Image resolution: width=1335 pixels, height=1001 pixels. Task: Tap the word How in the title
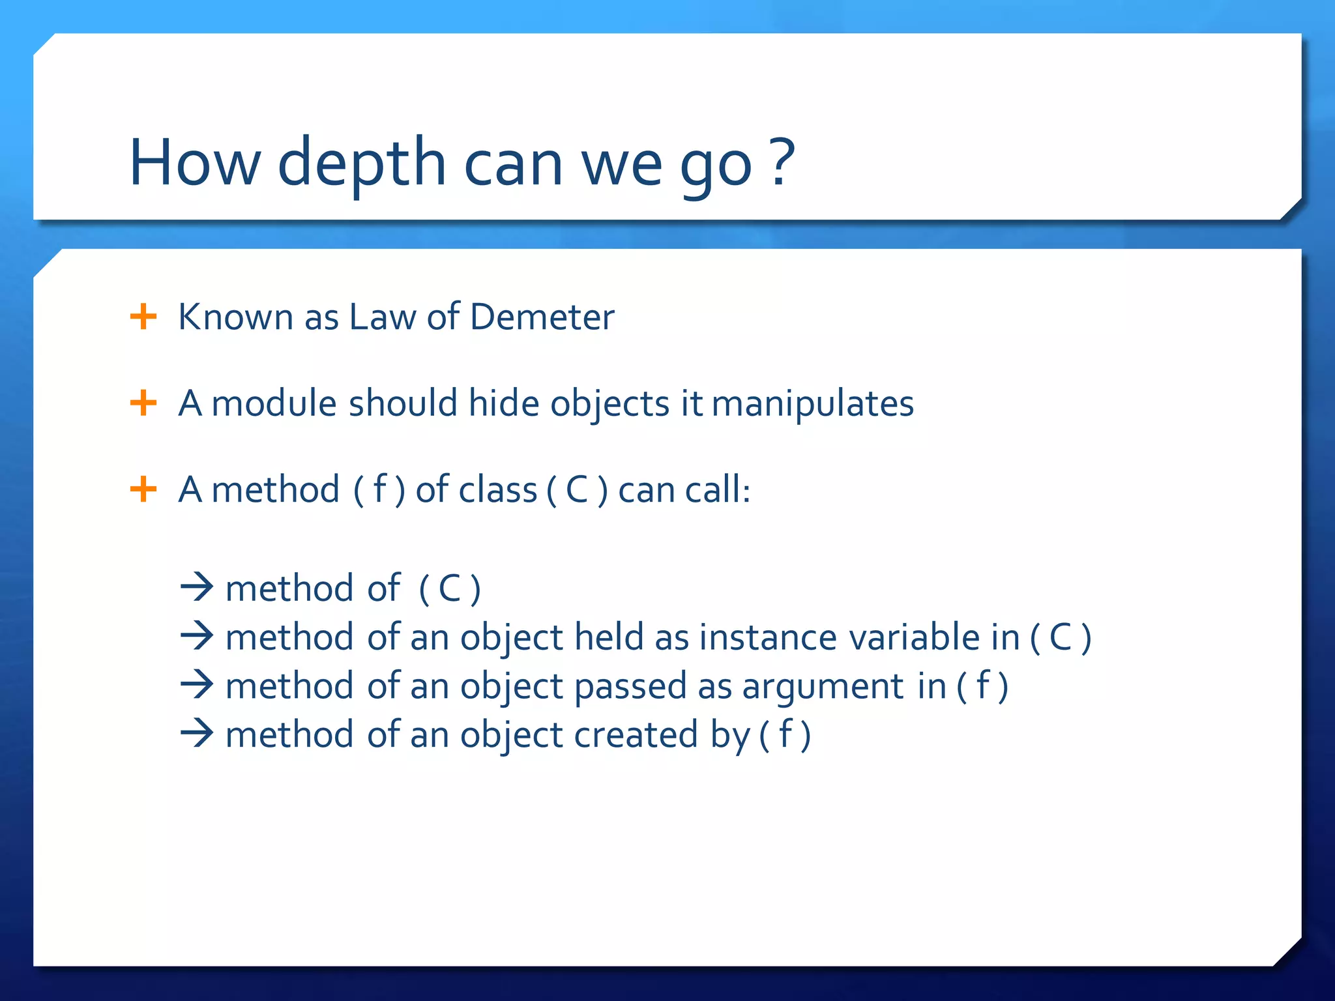195,163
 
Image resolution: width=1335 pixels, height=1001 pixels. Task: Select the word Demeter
542,317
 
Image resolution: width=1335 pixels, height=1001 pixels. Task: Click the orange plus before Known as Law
143,317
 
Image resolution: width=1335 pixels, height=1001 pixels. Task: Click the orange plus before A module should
143,403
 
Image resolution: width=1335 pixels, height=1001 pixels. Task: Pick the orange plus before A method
143,489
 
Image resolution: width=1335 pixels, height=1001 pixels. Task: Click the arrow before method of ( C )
197,587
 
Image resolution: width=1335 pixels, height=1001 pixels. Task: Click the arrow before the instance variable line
197,636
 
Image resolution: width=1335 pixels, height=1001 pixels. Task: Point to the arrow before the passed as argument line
197,685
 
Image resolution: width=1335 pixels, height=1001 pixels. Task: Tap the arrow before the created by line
197,734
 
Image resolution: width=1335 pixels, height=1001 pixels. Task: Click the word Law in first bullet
382,317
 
